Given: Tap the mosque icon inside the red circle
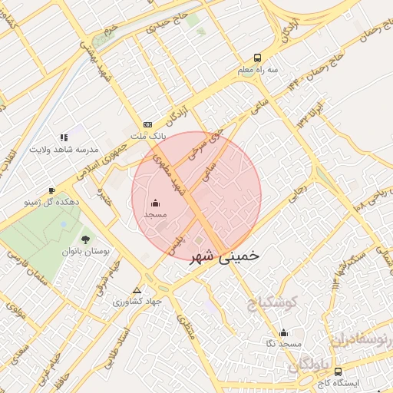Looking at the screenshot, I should (156, 203).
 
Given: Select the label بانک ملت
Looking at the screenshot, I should (148, 136).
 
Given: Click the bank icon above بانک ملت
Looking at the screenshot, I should (148, 124).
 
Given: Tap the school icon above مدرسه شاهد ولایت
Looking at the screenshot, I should (64, 137).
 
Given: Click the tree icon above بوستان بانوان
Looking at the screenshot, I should (85, 239).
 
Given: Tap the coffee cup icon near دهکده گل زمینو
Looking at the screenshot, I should (51, 190).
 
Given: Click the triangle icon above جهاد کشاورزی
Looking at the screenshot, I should (137, 290).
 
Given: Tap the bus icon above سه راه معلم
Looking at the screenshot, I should (256, 58).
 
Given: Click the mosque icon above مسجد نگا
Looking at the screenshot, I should (284, 332).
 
